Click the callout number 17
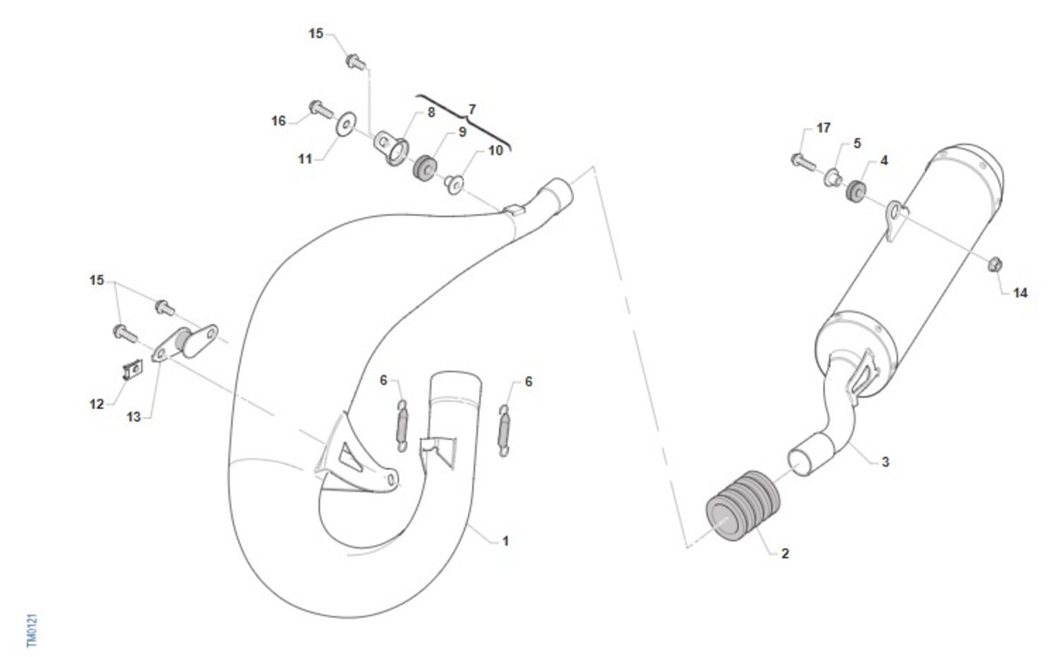(823, 128)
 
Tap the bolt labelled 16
(322, 110)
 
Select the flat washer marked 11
(346, 124)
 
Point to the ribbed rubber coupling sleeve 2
(742, 506)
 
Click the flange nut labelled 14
(995, 264)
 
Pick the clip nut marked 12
(133, 369)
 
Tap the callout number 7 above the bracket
(471, 110)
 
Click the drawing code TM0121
(32, 630)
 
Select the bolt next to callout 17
(803, 162)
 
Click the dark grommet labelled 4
(856, 190)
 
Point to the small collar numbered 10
(454, 184)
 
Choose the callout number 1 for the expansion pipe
(506, 541)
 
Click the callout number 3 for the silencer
(885, 461)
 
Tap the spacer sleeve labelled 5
(833, 178)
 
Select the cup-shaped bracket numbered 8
(392, 148)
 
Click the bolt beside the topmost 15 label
(355, 62)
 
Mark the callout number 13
(134, 417)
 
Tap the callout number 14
(1020, 293)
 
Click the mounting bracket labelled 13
(185, 343)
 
